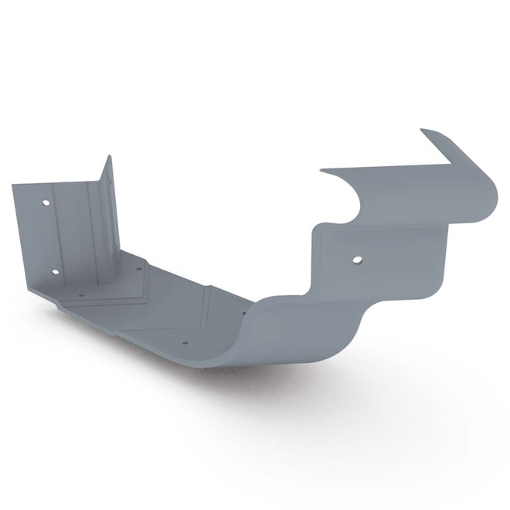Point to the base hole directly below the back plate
pyautogui.click(x=80, y=294)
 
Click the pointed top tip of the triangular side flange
pyautogui.click(x=109, y=157)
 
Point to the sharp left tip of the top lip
pyautogui.click(x=321, y=169)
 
